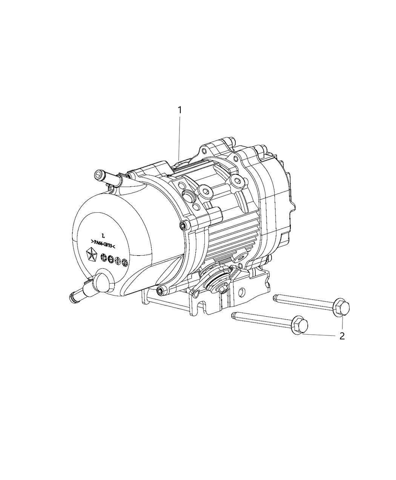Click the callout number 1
[x=180, y=110]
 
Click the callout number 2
[x=342, y=336]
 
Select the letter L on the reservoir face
[x=103, y=235]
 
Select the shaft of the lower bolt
[x=260, y=318]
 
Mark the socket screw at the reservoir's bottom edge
[x=160, y=290]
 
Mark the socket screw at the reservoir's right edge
[x=183, y=226]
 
